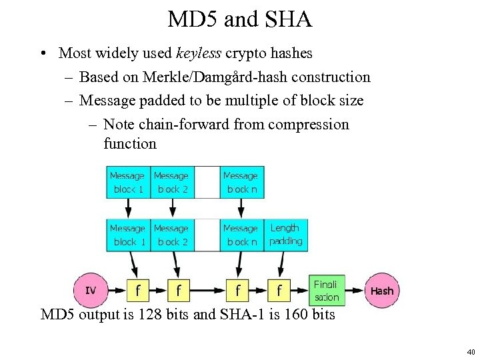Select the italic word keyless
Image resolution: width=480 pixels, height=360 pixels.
click(202, 53)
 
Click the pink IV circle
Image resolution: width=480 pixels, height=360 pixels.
click(91, 290)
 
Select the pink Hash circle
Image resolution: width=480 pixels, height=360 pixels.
click(382, 291)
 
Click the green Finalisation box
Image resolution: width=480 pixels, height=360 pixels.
click(327, 291)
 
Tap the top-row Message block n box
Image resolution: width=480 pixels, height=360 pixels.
click(240, 182)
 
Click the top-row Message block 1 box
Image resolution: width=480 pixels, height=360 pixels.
click(127, 182)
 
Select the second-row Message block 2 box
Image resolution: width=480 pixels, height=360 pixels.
click(172, 235)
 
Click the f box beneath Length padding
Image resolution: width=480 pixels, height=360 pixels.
click(279, 291)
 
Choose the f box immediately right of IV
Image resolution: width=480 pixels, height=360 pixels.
click(137, 291)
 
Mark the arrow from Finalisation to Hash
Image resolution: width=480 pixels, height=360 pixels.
click(355, 291)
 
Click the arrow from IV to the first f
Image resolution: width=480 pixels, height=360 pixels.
click(117, 291)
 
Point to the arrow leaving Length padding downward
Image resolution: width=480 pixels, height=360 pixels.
click(282, 263)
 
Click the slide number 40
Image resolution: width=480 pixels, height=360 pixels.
click(471, 351)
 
